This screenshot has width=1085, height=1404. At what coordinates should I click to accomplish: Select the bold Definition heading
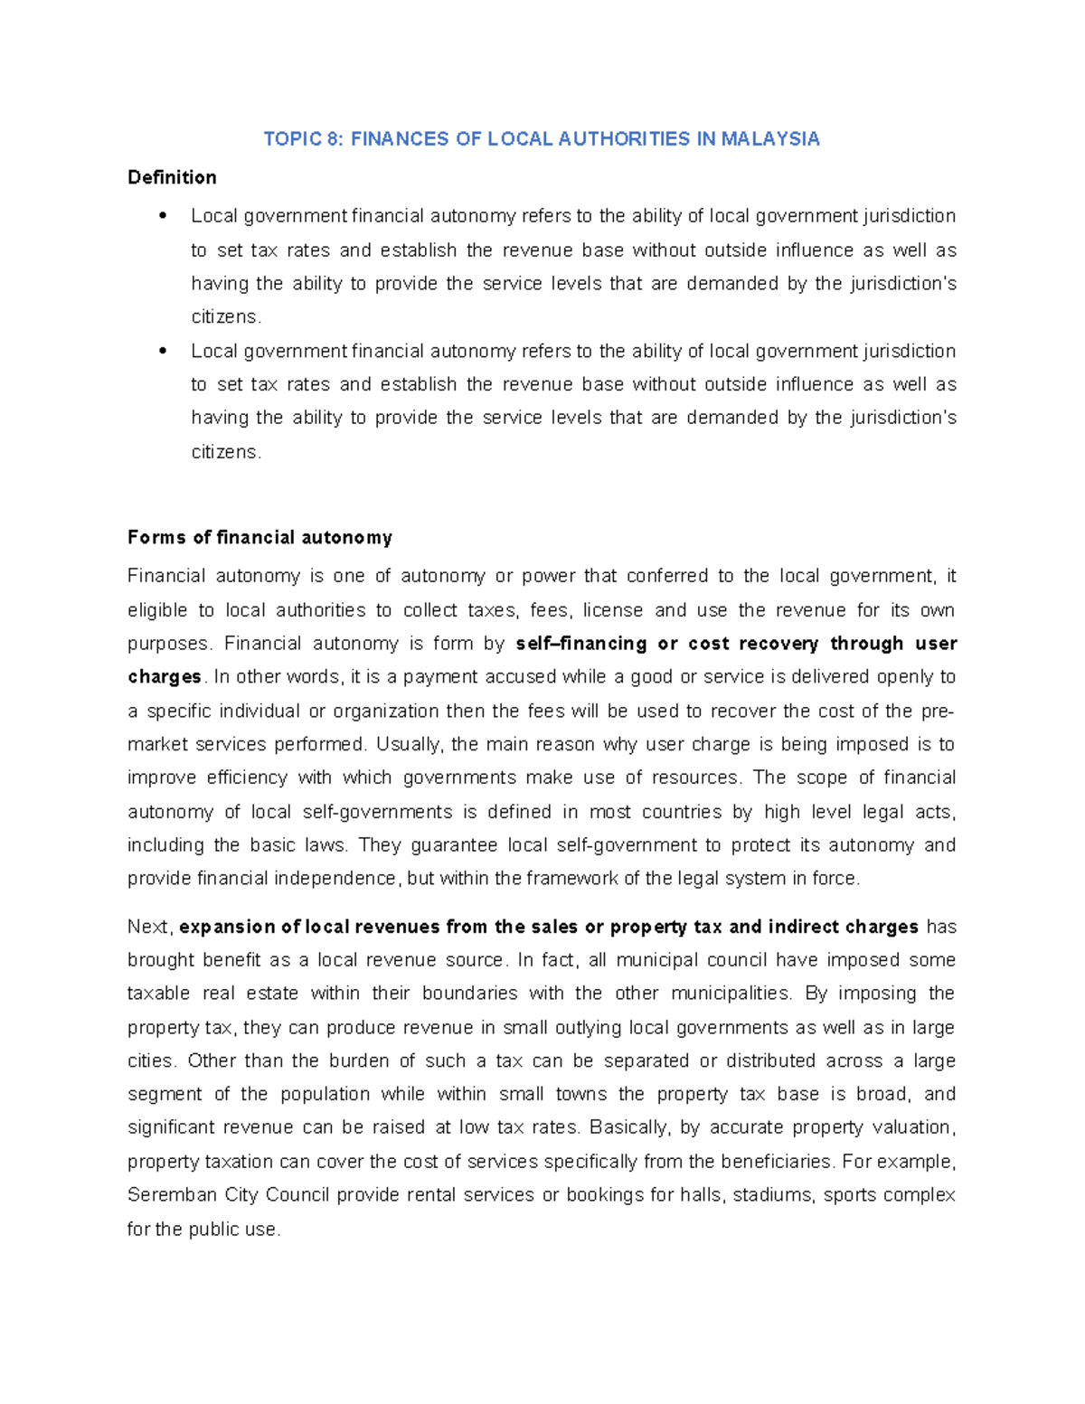(172, 177)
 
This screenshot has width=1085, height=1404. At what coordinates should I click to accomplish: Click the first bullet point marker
(163, 216)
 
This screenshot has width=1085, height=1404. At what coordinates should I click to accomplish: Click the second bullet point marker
(163, 351)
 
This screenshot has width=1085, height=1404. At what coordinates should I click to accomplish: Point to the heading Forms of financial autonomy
(259, 538)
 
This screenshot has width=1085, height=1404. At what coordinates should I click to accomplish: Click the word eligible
(157, 610)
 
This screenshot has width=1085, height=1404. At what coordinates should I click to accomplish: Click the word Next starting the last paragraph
(148, 927)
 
